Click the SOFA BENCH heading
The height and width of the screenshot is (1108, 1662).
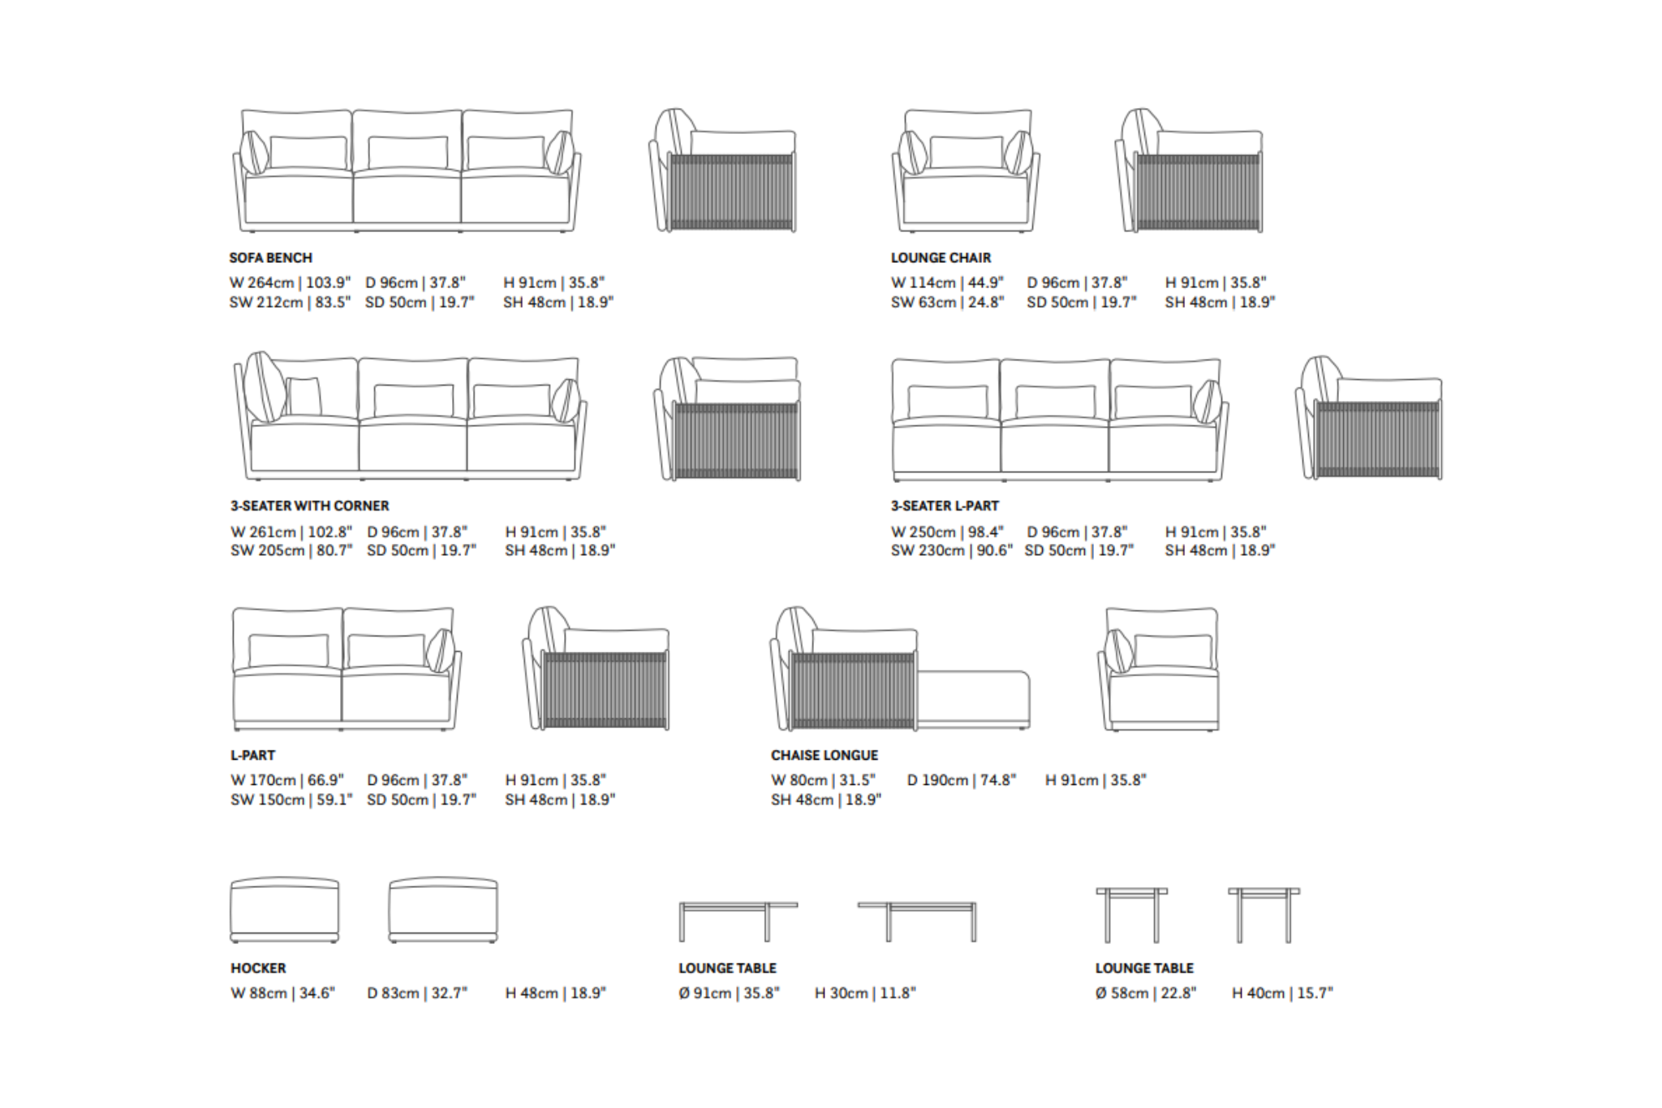tap(270, 258)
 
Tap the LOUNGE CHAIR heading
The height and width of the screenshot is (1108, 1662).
tap(941, 258)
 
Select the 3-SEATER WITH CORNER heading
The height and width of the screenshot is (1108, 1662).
tap(309, 506)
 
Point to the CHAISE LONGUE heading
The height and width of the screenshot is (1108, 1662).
tap(824, 755)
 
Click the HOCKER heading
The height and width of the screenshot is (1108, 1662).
tap(258, 968)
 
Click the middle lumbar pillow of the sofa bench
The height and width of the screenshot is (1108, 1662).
tap(407, 153)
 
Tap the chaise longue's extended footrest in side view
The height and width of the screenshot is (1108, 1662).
tap(974, 698)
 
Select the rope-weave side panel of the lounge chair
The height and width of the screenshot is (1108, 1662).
tap(1199, 192)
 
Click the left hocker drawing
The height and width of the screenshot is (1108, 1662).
tap(284, 909)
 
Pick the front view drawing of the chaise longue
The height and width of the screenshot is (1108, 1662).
tap(1159, 670)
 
